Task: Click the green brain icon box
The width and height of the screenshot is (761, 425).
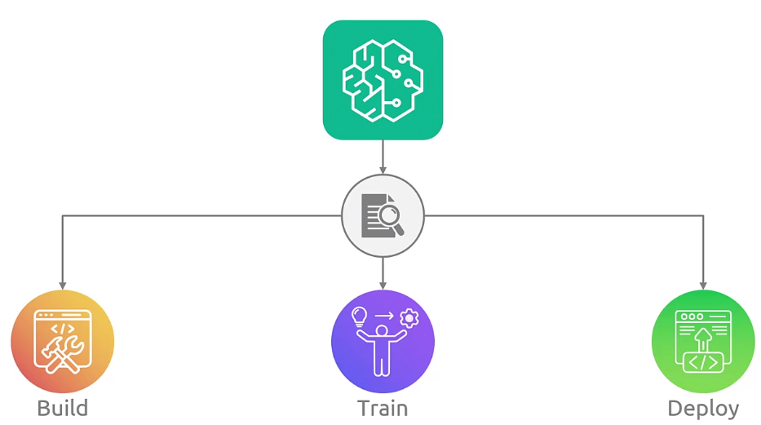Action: [383, 80]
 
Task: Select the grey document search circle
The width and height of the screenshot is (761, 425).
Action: [383, 215]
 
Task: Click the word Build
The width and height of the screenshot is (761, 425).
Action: [63, 408]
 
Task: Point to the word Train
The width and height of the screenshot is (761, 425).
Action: [383, 408]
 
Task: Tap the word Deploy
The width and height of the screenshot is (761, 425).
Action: [703, 408]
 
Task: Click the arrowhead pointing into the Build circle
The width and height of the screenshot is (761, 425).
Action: [63, 285]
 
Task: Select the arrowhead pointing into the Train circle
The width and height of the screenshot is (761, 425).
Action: [383, 285]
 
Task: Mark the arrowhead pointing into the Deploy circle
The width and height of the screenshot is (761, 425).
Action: [703, 285]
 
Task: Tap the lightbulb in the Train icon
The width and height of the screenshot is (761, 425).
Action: [359, 315]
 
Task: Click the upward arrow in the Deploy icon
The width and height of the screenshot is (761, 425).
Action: [703, 337]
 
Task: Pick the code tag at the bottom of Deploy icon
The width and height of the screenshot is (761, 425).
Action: [703, 361]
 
